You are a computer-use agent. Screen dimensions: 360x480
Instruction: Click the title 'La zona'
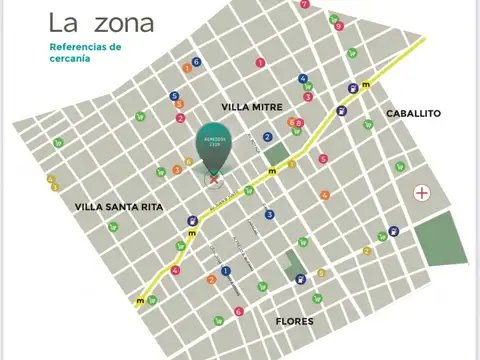[101, 22]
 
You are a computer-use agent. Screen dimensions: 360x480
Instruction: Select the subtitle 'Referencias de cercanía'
[85, 52]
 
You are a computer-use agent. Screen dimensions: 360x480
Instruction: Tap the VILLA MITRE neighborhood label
[251, 106]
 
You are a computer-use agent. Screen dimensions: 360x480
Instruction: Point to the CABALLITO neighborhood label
[413, 113]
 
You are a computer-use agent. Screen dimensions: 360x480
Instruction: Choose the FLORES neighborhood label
[294, 321]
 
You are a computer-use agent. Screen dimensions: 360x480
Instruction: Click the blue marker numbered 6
[196, 62]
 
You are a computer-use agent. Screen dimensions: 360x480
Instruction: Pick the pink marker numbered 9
[339, 26]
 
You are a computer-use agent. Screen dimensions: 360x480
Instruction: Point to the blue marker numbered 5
[174, 96]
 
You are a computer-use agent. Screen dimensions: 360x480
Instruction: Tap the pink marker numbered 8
[299, 123]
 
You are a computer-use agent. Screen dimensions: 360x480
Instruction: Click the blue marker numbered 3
[269, 214]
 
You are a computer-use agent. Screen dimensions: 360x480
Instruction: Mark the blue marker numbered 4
[303, 78]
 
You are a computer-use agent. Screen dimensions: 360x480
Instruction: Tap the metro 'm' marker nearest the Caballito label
[365, 83]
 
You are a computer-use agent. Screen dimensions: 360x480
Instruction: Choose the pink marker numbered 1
[260, 63]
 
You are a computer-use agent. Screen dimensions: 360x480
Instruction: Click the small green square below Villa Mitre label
[275, 154]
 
